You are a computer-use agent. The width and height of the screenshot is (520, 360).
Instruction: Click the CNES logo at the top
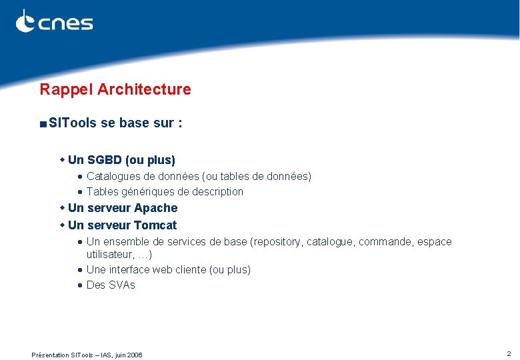click(55, 22)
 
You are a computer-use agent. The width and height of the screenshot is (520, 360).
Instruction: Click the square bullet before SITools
click(43, 124)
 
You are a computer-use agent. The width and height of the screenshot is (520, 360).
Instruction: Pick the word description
click(213, 192)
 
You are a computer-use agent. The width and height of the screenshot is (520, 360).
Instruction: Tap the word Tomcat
click(155, 225)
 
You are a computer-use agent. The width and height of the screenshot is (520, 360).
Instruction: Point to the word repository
click(277, 242)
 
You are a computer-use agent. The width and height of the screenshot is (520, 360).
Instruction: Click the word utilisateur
click(109, 255)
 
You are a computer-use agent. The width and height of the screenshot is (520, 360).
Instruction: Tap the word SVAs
click(122, 285)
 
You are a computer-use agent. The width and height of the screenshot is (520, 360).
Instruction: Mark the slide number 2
click(509, 353)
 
